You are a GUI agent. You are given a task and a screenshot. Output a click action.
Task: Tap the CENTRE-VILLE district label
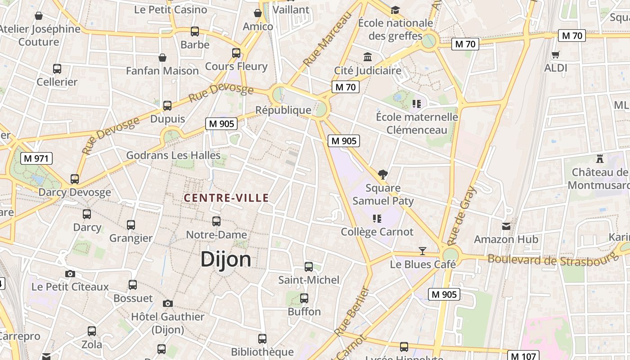click(226, 198)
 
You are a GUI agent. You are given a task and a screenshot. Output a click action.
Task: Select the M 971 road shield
click(36, 158)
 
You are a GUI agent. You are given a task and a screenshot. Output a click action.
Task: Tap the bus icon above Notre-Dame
click(216, 221)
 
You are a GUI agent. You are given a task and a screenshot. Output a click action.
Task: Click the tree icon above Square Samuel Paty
click(383, 175)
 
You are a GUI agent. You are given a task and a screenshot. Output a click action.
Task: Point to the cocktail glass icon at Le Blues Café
click(422, 251)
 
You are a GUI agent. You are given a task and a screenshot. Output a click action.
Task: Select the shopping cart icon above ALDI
click(555, 54)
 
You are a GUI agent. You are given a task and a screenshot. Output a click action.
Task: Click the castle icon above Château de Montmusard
click(599, 158)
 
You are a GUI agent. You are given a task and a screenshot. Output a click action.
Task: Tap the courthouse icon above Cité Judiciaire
click(368, 57)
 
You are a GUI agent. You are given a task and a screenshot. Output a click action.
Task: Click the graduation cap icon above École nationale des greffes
click(395, 9)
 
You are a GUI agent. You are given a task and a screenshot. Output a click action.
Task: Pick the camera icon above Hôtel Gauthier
click(168, 303)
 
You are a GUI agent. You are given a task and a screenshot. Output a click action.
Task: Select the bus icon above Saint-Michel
click(309, 266)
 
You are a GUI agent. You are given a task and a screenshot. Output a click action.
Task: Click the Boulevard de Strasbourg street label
click(551, 260)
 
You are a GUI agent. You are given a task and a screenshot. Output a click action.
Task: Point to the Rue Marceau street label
click(327, 40)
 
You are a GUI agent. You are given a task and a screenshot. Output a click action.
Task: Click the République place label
click(283, 110)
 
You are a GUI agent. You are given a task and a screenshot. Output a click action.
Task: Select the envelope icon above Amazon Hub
click(506, 226)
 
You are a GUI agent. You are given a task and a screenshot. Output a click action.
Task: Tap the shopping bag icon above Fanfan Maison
click(162, 58)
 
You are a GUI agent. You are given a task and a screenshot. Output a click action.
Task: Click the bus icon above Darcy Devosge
click(75, 179)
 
